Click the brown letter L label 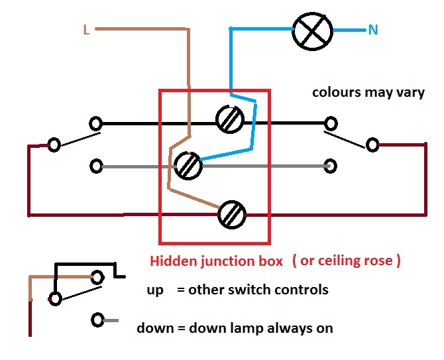click(86, 29)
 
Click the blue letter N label click(374, 30)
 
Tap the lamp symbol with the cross click(312, 30)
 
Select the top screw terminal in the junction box click(231, 119)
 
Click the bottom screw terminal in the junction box click(232, 213)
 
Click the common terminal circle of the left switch click(54, 145)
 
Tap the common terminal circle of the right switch click(372, 145)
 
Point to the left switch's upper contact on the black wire click(97, 124)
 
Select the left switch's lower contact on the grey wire click(97, 166)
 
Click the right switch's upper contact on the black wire click(329, 123)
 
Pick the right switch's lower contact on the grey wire click(329, 166)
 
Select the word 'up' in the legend click(154, 290)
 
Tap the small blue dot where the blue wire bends click(230, 29)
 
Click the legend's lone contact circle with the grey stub click(98, 321)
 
